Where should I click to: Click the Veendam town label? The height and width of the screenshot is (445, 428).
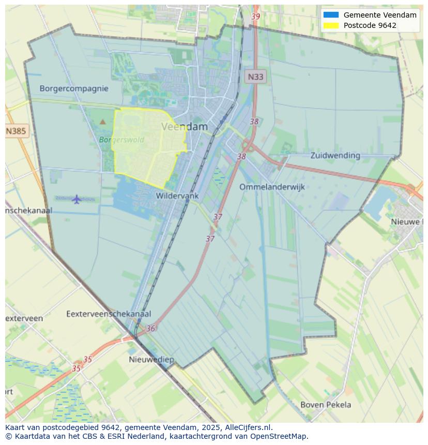185,127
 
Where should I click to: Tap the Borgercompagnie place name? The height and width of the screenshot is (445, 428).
74,88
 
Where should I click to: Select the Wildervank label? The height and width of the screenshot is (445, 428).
177,196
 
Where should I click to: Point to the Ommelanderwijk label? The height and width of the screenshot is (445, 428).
272,187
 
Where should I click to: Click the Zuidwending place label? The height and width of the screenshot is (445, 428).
335,155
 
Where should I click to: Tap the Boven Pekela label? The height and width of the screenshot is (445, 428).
326,405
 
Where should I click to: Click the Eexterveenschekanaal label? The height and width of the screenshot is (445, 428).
109,314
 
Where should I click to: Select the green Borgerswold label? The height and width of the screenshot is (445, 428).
121,140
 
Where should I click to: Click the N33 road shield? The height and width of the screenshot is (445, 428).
255,77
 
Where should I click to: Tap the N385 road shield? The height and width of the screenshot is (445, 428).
16,131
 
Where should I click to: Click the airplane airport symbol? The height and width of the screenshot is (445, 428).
77,199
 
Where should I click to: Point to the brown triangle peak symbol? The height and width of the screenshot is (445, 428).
102,122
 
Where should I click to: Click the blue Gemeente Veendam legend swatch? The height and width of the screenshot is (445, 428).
331,15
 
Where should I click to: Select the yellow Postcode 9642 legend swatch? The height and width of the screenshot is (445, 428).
331,25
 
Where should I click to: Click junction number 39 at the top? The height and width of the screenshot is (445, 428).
255,17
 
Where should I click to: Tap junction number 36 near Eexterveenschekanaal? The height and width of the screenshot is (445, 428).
150,328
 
